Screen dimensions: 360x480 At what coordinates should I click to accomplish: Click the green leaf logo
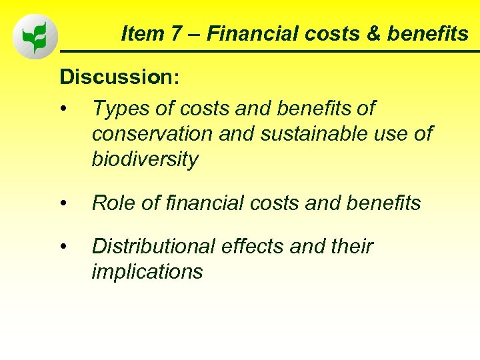coord(35,37)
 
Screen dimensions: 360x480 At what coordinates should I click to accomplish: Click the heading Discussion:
coord(119,77)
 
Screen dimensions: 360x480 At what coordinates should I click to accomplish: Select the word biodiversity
coord(145,160)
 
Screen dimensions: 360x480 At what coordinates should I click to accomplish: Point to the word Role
coord(114,203)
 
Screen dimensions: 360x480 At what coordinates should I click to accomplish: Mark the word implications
coord(147,272)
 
